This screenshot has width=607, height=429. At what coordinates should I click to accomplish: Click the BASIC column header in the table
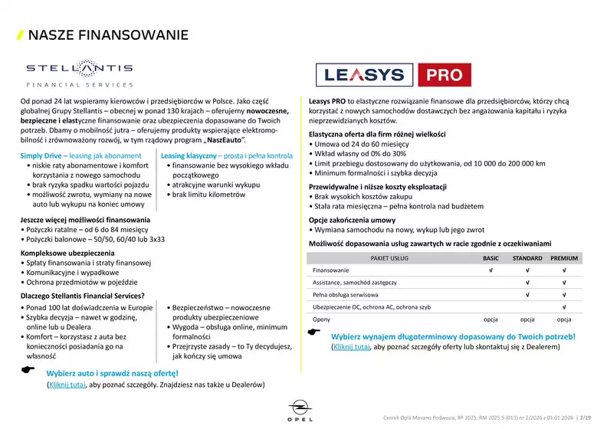click(x=490, y=258)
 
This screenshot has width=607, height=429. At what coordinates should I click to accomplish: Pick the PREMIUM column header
click(x=563, y=258)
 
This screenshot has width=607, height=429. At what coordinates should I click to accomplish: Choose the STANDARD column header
click(x=527, y=258)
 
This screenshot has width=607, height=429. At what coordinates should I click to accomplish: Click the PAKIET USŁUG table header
click(x=389, y=258)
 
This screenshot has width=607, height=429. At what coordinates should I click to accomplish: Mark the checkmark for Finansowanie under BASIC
click(x=490, y=270)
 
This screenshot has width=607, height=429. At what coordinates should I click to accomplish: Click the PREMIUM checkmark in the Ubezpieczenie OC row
click(x=563, y=306)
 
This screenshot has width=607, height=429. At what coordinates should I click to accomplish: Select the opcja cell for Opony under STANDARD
click(x=527, y=319)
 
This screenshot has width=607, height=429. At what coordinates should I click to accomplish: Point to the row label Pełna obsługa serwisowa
click(x=346, y=294)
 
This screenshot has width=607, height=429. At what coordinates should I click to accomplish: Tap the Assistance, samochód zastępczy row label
click(x=355, y=283)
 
